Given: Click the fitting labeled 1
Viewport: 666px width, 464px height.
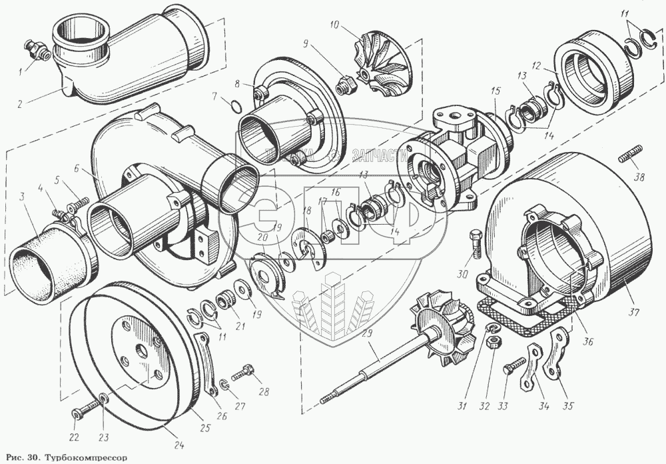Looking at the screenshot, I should click(33, 49).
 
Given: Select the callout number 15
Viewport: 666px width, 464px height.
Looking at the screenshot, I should click(496, 91).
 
